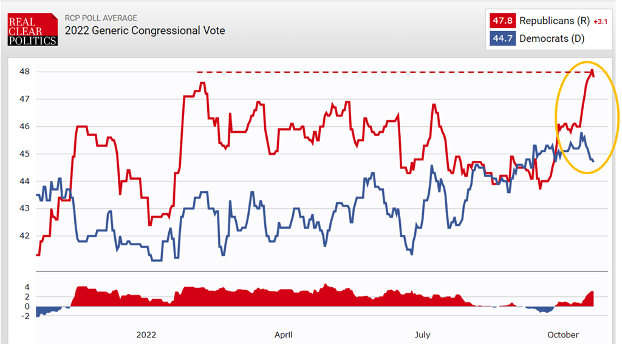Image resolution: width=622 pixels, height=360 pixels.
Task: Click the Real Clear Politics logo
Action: pyautogui.click(x=32, y=30)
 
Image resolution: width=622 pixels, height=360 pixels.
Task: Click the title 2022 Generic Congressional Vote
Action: pyautogui.click(x=145, y=30)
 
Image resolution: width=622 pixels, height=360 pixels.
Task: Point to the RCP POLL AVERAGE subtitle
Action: pyautogui.click(x=101, y=18)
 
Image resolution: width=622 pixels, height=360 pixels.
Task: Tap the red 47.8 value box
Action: pyautogui.click(x=502, y=21)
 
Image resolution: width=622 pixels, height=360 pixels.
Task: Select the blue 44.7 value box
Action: pyautogui.click(x=502, y=39)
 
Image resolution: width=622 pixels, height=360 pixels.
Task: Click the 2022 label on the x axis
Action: pyautogui.click(x=146, y=335)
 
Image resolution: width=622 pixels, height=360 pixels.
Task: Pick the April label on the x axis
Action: pyautogui.click(x=284, y=335)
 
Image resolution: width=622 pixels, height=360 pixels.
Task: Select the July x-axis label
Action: pyautogui.click(x=422, y=335)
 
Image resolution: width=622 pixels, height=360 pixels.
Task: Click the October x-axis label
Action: pyautogui.click(x=563, y=335)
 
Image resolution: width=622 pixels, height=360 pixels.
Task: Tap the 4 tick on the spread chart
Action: pyautogui.click(x=27, y=287)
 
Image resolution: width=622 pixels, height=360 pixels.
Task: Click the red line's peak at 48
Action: pyautogui.click(x=592, y=71)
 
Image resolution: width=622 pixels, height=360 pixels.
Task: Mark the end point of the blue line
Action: pyautogui.click(x=593, y=161)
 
